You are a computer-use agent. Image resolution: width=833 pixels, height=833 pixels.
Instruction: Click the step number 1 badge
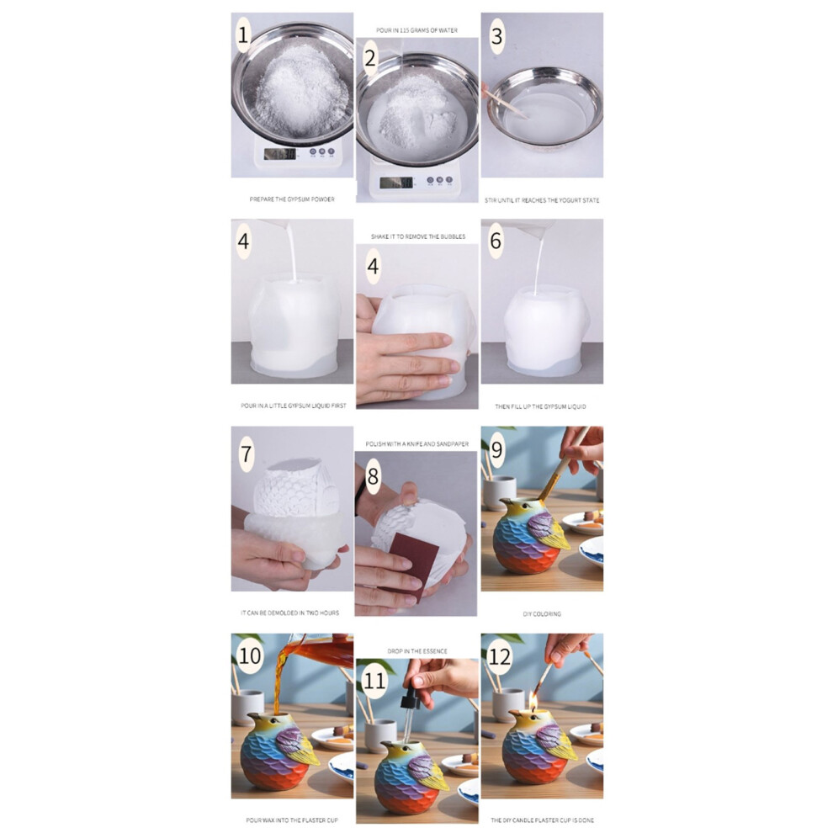coord(243,35)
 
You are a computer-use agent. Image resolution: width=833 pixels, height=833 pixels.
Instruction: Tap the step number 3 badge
coord(496,36)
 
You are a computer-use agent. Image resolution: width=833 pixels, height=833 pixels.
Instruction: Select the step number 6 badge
coord(496,241)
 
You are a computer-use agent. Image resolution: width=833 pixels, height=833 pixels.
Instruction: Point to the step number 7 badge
coord(246,454)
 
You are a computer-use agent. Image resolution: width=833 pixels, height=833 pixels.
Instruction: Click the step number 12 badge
coord(499,656)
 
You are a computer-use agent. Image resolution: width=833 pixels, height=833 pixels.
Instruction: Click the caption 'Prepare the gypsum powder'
coord(292,199)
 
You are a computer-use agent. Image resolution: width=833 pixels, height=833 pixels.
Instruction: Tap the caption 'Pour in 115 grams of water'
coord(417,30)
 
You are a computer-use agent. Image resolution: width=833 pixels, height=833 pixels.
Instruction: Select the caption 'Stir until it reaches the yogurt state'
coord(542,200)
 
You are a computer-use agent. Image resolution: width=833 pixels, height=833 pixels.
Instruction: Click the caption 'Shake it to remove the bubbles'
coord(418,236)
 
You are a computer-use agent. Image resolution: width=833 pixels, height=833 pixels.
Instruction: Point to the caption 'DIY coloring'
coord(542,613)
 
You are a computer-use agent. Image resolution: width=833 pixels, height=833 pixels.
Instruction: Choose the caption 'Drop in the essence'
coord(417,650)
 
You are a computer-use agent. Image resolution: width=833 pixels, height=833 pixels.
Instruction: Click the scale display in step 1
coord(280,154)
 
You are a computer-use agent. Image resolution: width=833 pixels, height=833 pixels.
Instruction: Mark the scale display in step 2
coord(396,183)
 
